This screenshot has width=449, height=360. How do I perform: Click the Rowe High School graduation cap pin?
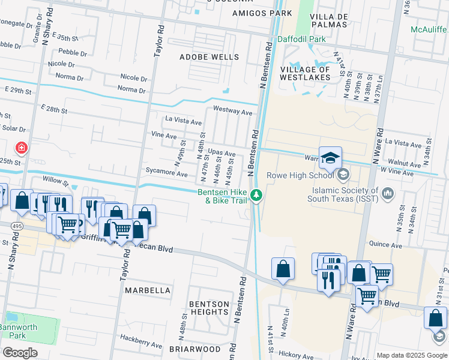pyautogui.click(x=330, y=158)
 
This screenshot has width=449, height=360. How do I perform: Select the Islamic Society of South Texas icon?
pyautogui.click(x=388, y=193)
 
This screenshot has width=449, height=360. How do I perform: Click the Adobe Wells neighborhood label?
pyautogui.click(x=209, y=58)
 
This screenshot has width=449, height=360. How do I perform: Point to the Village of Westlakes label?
pyautogui.click(x=305, y=73)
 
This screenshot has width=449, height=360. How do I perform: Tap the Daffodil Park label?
pyautogui.click(x=301, y=39)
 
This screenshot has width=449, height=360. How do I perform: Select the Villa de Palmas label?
pyautogui.click(x=330, y=20)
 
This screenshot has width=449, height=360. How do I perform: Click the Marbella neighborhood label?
pyautogui.click(x=148, y=290)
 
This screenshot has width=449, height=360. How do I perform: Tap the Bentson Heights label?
pyautogui.click(x=209, y=308)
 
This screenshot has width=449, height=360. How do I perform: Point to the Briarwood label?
pyautogui.click(x=194, y=349)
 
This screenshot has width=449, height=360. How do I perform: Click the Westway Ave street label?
pyautogui.click(x=233, y=111)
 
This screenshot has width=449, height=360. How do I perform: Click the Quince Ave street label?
pyautogui.click(x=386, y=245)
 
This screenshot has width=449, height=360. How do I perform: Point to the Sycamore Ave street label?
pyautogui.click(x=167, y=173)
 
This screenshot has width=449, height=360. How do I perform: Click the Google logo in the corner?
pyautogui.click(x=20, y=353)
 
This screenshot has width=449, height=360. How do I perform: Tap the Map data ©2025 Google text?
pyautogui.click(x=412, y=355)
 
